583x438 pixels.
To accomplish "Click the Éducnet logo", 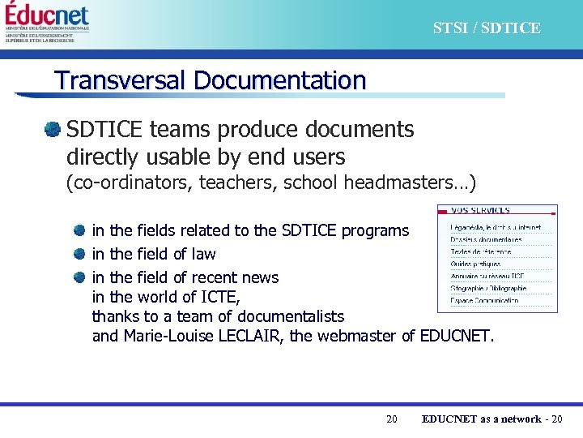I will [x=47, y=16].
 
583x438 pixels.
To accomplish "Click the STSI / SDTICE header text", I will [x=486, y=28].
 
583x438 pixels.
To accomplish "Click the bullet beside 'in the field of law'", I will [x=79, y=254].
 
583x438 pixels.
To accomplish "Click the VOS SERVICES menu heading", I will [x=481, y=211].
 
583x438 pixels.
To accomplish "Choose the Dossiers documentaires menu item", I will [x=486, y=240].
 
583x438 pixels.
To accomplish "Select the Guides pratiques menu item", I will [x=475, y=264].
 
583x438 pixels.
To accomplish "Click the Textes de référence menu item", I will [x=481, y=252].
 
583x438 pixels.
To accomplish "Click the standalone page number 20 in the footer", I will [x=392, y=419].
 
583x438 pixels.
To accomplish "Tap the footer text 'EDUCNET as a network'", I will [x=481, y=419].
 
